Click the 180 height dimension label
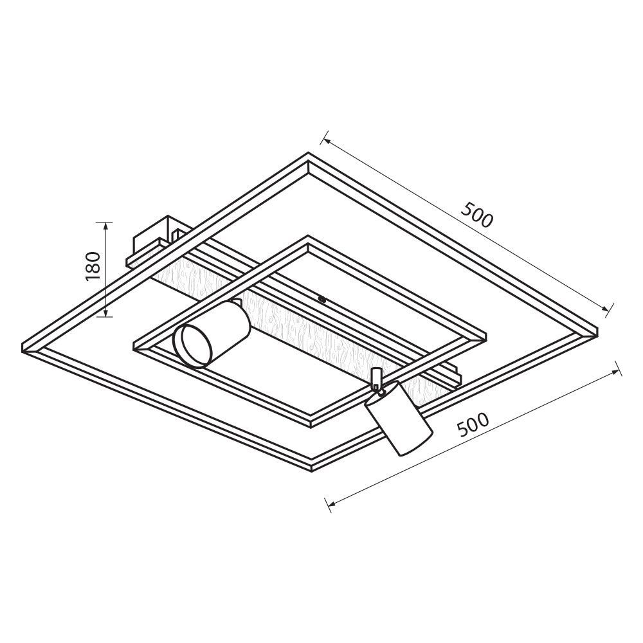[x=93, y=266]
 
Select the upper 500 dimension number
[x=476, y=215]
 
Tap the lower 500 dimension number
[x=473, y=424]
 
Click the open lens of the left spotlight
[x=192, y=345]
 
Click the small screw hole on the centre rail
[x=321, y=299]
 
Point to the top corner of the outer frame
[x=309, y=152]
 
